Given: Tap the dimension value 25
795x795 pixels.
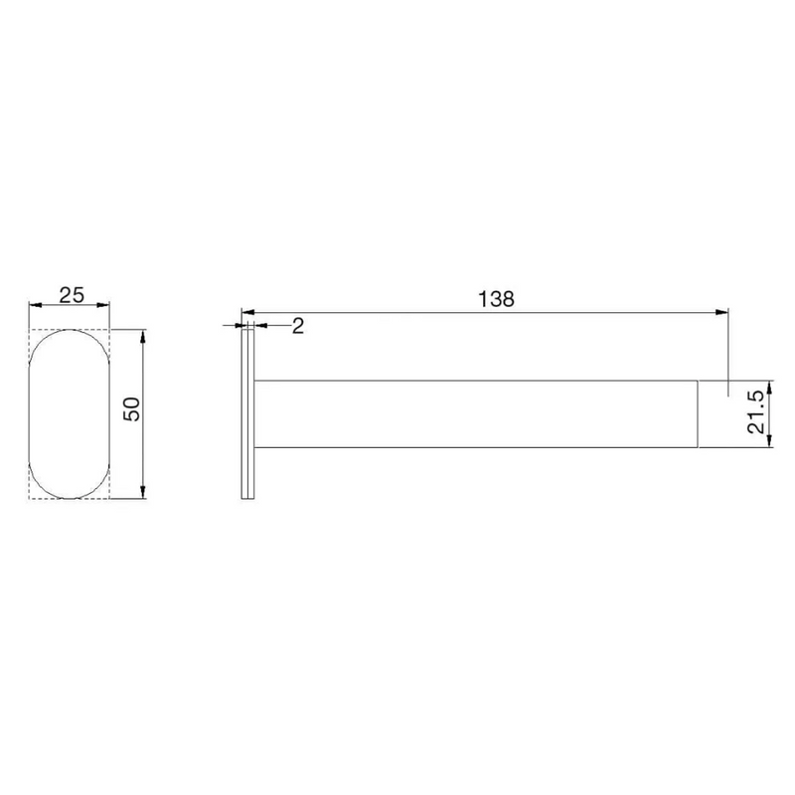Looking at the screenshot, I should pos(70,295).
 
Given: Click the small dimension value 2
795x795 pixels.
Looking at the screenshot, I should pos(297,327).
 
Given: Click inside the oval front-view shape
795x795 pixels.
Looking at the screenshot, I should pos(70,413).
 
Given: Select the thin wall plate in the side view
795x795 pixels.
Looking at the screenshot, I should pos(246,413).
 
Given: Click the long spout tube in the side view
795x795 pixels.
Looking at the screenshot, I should pos(477,413).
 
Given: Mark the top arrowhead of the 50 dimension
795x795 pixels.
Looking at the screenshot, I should pos(145,335).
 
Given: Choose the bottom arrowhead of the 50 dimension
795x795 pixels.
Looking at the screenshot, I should pos(145,492).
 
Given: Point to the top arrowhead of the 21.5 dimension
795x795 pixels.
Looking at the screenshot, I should pos(771,384).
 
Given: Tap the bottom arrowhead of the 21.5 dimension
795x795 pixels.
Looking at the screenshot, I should pos(771,443).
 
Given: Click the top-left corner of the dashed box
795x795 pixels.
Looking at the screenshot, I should pos(29,329).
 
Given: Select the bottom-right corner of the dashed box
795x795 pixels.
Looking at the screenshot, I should pos(110,498).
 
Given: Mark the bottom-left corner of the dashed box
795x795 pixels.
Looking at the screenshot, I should pos(29,498).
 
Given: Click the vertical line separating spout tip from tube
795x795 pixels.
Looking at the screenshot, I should pos(700,413).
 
